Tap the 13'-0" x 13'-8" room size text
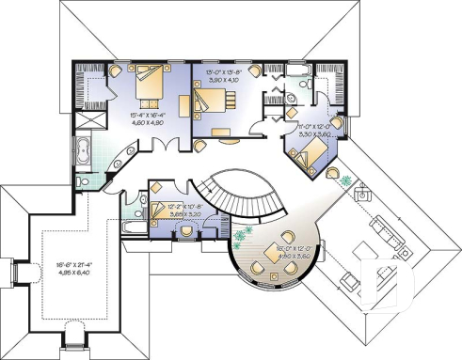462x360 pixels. click(x=223, y=76)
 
